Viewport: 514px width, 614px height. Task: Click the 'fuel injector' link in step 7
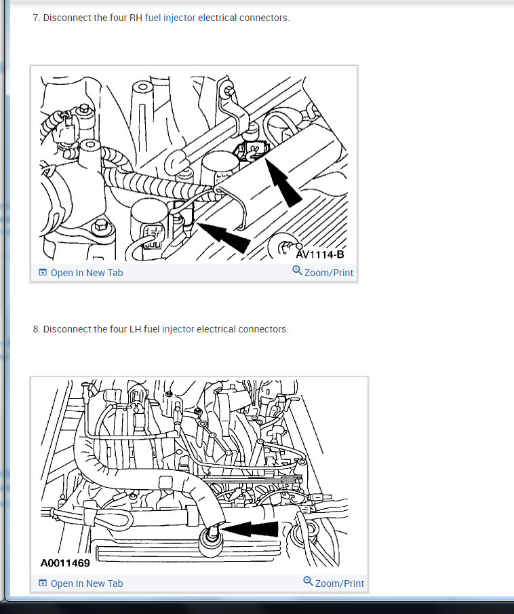170,18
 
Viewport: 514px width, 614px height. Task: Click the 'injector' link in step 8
178,329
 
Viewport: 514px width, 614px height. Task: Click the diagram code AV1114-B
320,254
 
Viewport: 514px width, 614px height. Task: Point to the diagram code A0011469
65,563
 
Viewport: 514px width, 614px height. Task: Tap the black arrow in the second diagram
250,529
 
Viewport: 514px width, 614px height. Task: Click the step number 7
37,18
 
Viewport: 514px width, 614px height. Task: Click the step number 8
37,329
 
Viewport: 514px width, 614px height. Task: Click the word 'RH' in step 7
136,18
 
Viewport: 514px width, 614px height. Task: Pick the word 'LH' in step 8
135,329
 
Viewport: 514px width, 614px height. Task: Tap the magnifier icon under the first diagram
297,270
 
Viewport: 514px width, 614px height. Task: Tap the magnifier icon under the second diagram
308,581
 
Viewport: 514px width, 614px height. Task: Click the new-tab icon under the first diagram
43,273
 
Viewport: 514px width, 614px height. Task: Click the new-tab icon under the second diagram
43,583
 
